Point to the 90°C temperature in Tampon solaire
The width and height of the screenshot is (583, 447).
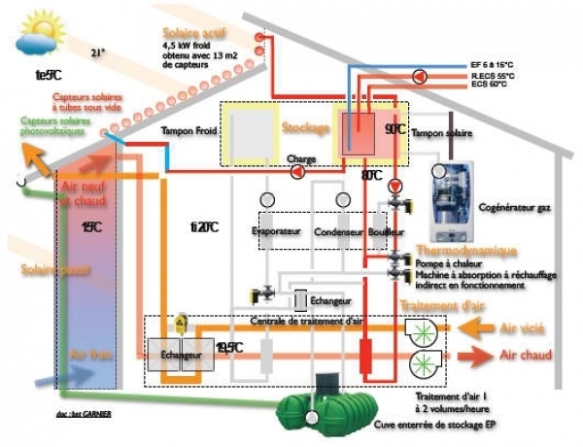[394, 128]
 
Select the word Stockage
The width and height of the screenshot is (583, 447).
[306, 127]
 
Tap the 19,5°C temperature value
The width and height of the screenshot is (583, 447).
[229, 347]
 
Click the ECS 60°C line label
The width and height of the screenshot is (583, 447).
[490, 85]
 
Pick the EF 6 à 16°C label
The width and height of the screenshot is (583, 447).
[494, 64]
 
